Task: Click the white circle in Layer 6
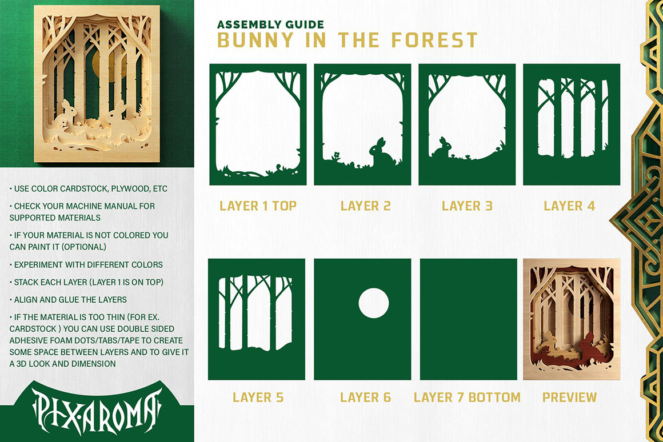[374, 303]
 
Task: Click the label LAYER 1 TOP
[258, 206]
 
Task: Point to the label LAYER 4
[569, 206]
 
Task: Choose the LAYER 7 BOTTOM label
[467, 397]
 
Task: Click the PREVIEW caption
[570, 397]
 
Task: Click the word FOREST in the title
[434, 40]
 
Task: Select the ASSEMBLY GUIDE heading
[270, 25]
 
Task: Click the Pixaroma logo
[97, 411]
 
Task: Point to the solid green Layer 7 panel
[469, 319]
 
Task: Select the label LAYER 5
[258, 397]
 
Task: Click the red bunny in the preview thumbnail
[589, 344]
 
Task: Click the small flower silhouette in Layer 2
[337, 155]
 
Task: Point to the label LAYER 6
[365, 397]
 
